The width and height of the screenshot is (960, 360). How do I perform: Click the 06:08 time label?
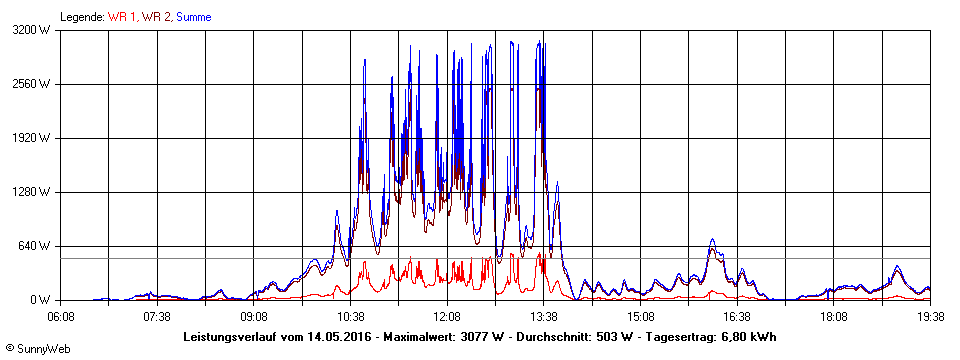pos(61,316)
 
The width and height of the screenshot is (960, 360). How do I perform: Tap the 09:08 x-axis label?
pos(254,316)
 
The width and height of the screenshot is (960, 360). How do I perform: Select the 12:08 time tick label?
pos(447,316)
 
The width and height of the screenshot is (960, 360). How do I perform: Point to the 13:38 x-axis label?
pos(544,316)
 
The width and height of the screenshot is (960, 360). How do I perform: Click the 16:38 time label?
pos(737,316)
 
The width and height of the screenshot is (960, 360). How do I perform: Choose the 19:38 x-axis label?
pos(930,316)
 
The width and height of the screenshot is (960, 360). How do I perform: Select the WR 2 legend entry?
pos(158,17)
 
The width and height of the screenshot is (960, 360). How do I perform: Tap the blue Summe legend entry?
pos(195,17)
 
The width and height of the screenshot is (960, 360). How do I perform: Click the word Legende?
pos(82,17)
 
